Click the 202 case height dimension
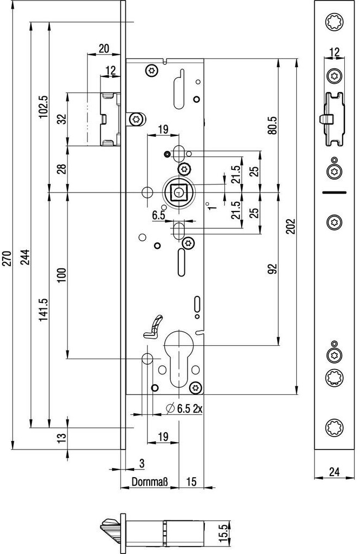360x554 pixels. coord(291,226)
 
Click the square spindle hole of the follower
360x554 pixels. coord(177,192)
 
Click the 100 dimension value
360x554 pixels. coord(61,275)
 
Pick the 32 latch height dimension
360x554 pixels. coord(61,120)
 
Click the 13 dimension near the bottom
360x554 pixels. coord(61,437)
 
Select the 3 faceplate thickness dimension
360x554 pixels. coord(142,463)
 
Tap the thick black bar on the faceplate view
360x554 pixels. coord(335,193)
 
